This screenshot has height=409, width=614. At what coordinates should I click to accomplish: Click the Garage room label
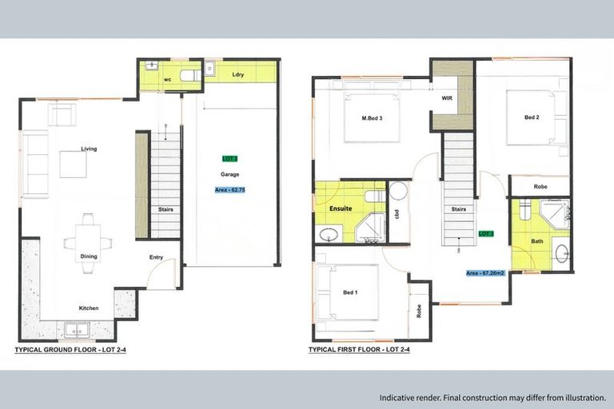click(x=230, y=174)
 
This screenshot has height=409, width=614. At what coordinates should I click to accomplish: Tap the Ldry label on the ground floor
click(x=237, y=75)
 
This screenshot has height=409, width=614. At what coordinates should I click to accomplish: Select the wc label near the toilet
click(x=169, y=80)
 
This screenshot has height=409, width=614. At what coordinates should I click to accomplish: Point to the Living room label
click(x=89, y=149)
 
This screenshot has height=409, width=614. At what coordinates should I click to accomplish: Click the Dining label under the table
click(x=89, y=256)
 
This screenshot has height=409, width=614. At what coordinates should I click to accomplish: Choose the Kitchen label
click(x=89, y=308)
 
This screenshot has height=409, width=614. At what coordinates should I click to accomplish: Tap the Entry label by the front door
click(x=157, y=257)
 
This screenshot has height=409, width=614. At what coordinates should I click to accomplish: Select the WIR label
click(x=448, y=99)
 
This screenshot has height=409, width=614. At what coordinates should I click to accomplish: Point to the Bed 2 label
click(x=532, y=117)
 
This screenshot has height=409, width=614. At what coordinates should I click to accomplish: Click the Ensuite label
click(x=341, y=208)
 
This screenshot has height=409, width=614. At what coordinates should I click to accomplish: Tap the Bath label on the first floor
click(x=536, y=240)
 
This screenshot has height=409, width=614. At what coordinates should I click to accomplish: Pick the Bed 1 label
click(x=349, y=292)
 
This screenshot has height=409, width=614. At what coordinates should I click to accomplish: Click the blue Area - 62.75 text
click(x=230, y=190)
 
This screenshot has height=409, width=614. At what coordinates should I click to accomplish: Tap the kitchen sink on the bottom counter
click(x=77, y=328)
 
